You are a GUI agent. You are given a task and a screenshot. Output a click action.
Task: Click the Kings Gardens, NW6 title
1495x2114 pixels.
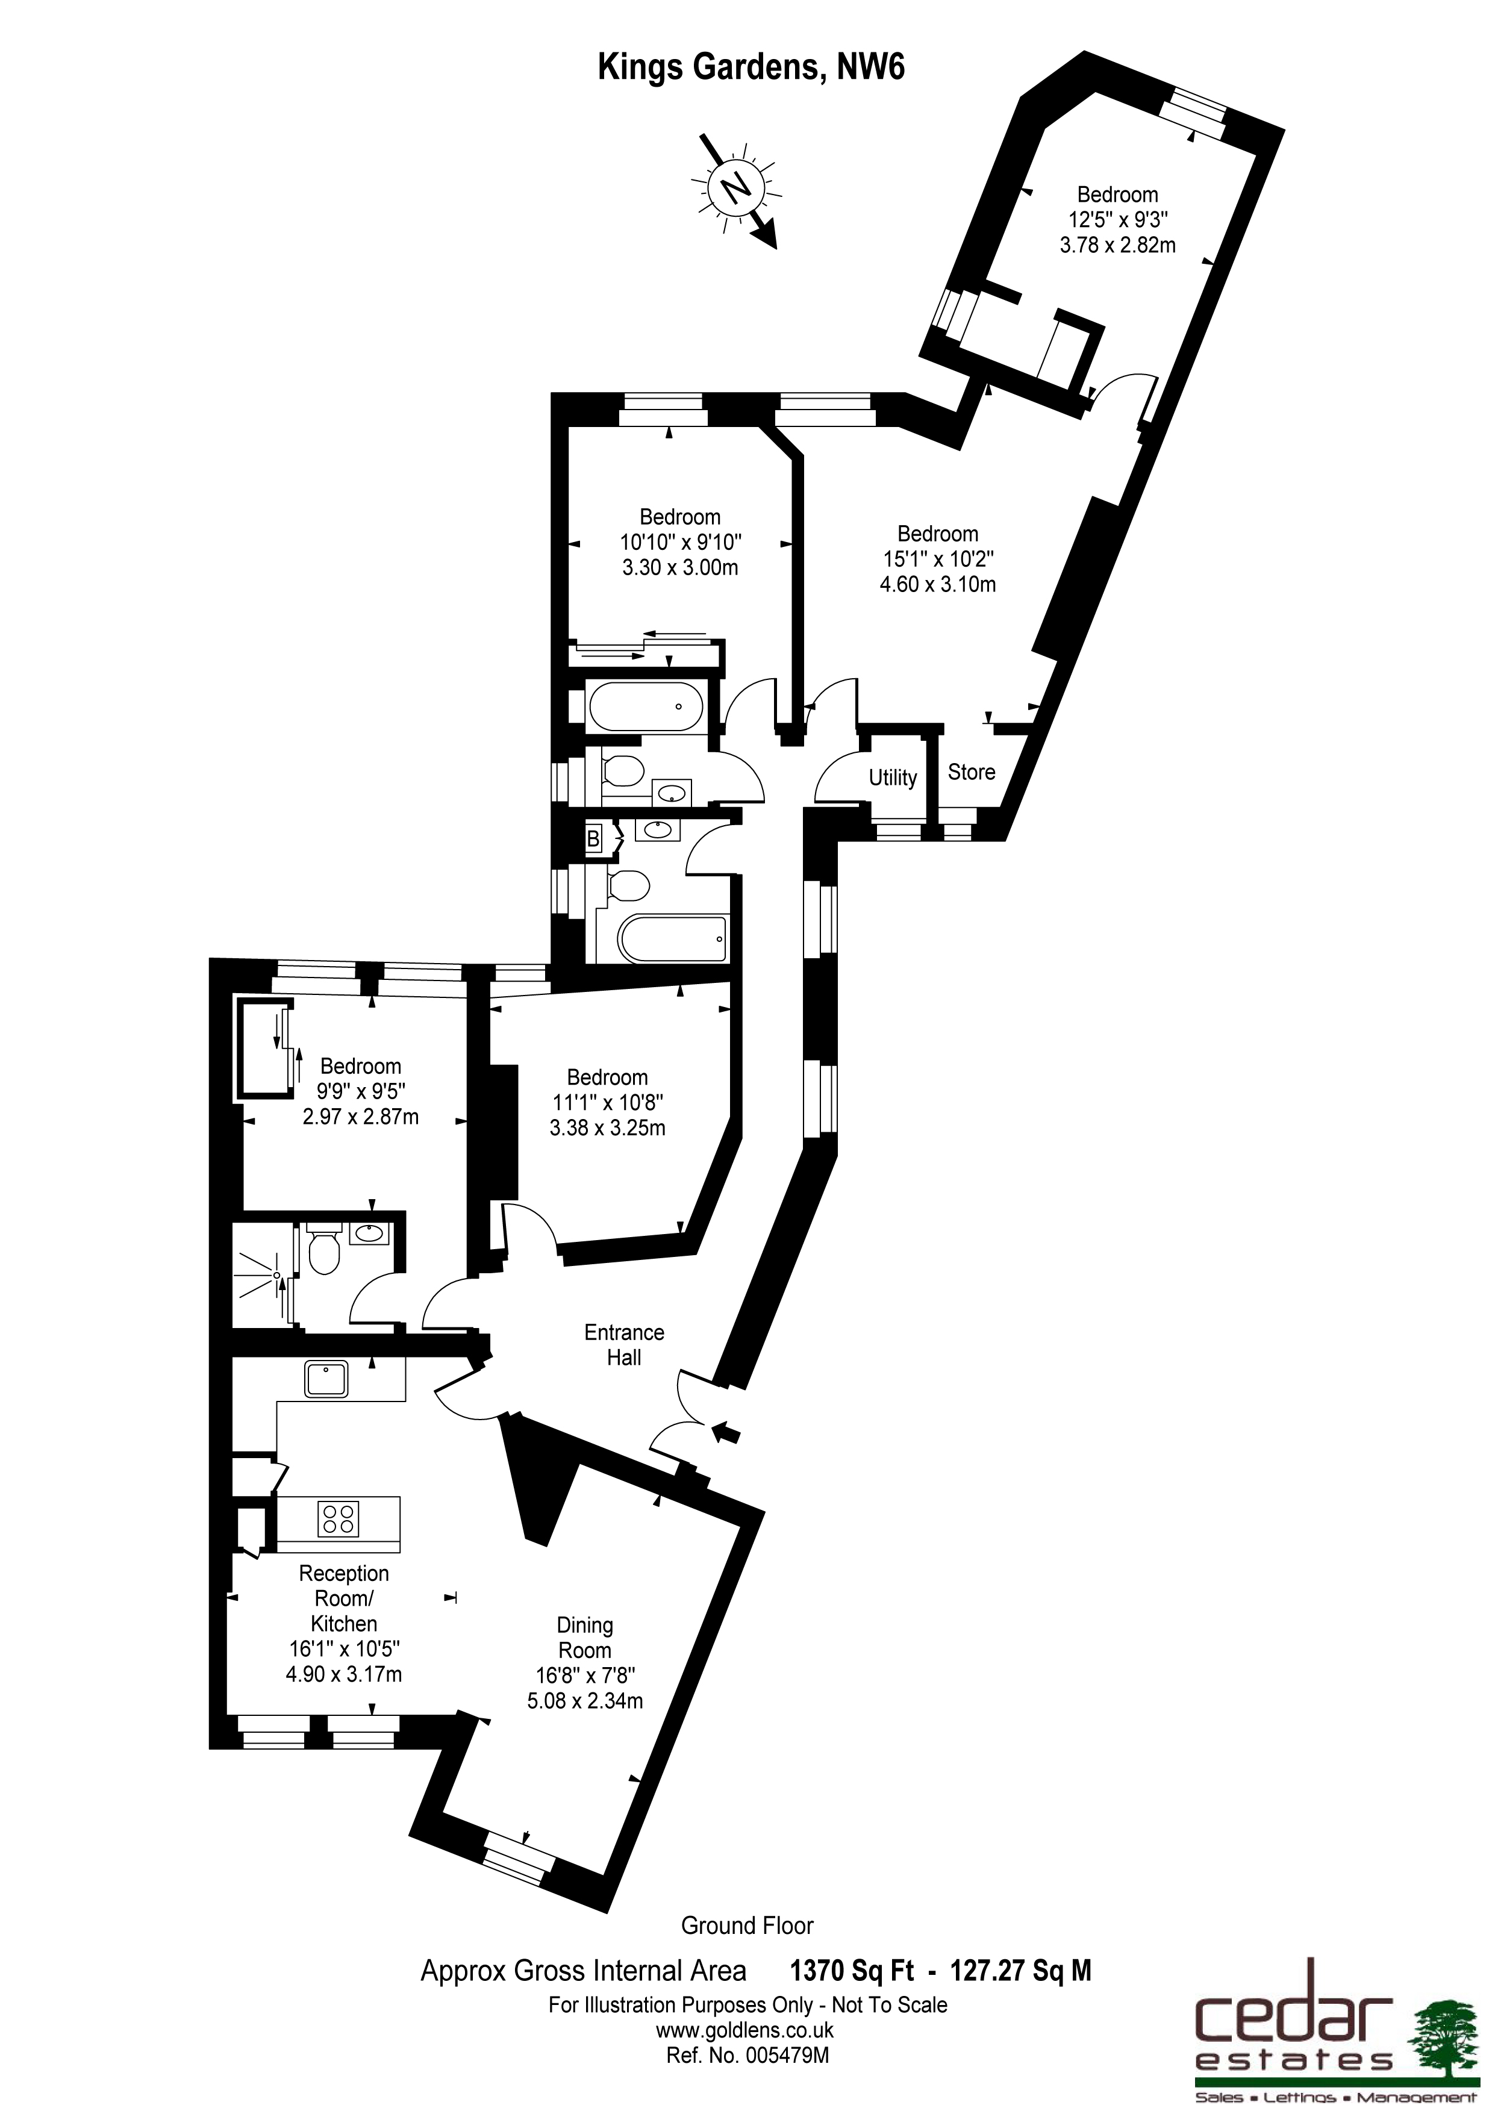[x=751, y=67]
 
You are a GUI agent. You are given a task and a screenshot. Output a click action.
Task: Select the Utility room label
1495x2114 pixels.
[x=892, y=778]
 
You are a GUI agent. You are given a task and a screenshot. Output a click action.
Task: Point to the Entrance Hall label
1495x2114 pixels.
[x=624, y=1344]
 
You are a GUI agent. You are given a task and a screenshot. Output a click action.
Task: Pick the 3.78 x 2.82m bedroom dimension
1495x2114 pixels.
[x=1117, y=246]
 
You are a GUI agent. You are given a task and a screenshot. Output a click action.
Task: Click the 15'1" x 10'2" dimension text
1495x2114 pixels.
[x=937, y=559]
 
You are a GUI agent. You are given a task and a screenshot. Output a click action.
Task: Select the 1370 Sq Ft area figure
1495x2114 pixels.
[x=852, y=1971]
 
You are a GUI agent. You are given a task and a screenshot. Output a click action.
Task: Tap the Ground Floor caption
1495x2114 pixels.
[x=747, y=1925]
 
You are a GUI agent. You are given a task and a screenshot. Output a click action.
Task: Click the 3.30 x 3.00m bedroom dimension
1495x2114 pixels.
[x=680, y=568]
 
